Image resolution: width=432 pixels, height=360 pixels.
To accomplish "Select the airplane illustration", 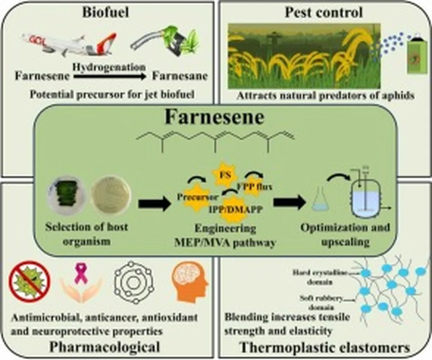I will click(70, 43).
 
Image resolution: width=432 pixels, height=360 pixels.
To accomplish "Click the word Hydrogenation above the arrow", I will click(109, 67).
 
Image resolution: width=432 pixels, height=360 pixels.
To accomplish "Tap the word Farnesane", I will click(180, 76).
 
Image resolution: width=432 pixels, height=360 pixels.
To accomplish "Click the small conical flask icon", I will click(320, 203).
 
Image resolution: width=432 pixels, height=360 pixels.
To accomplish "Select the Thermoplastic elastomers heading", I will click(325, 348).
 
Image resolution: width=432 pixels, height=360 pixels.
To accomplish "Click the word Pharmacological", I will click(105, 347).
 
